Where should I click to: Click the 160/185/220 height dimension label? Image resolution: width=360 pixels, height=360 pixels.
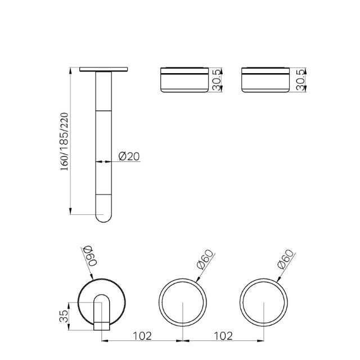tap(64, 141)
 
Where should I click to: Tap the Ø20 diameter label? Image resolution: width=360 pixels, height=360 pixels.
tap(129, 156)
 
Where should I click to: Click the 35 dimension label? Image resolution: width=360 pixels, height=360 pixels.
tap(64, 314)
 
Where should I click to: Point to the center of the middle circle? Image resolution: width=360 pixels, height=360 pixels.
tap(183, 303)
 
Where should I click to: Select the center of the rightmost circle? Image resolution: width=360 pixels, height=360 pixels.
tap(264, 303)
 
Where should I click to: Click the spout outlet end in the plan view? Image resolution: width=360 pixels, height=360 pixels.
tap(102, 324)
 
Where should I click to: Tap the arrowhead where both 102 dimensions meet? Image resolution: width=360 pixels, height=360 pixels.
tap(183, 340)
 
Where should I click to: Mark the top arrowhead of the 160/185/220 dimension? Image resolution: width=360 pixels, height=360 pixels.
tap(71, 70)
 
